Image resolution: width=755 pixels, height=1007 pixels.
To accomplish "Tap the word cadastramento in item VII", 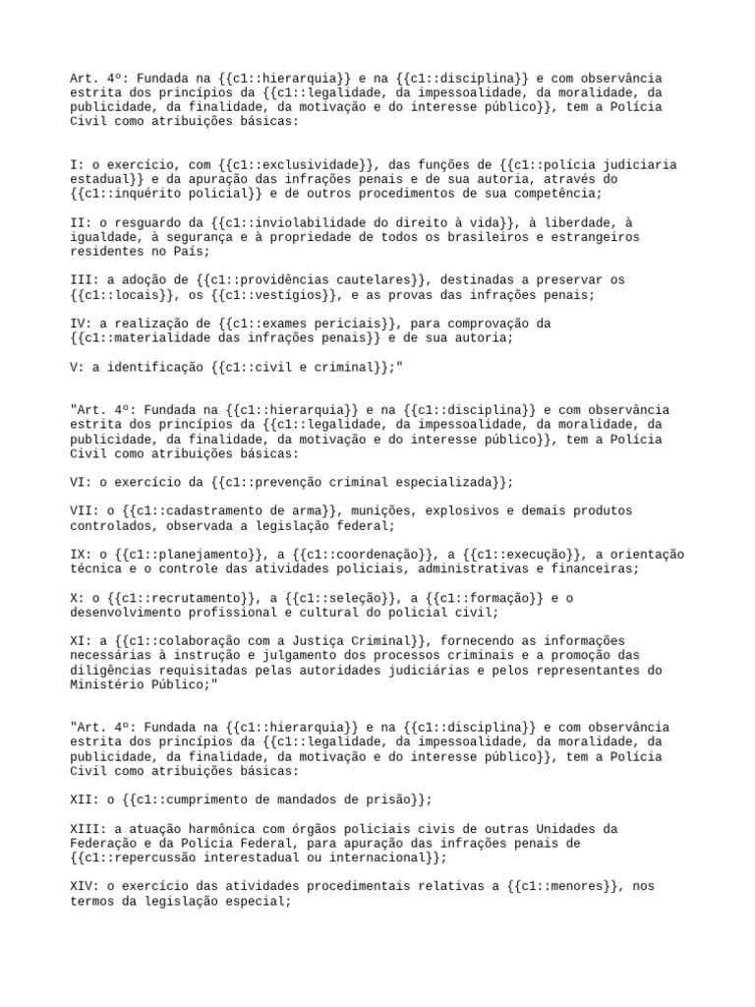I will coord(205,511).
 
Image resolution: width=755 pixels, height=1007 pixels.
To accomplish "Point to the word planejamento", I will coord(198,555).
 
